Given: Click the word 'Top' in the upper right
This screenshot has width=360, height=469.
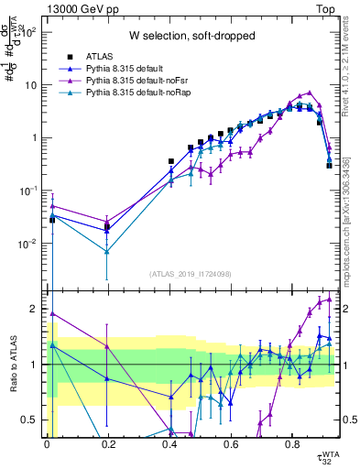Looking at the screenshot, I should [325, 8].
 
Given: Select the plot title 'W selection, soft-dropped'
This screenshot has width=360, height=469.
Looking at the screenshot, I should [191, 36].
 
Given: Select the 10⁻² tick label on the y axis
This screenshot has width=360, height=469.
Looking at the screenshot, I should [29, 244].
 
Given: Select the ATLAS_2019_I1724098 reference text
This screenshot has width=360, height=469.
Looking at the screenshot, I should [191, 274].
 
